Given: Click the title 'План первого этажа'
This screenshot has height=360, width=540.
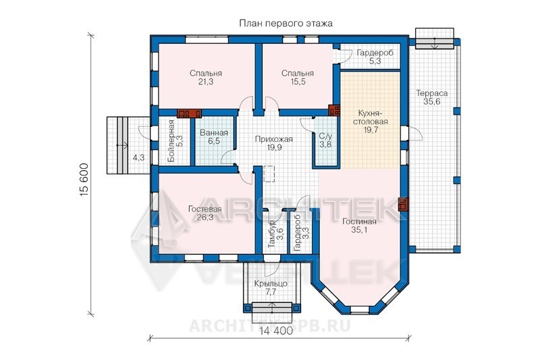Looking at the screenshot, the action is (x=286, y=24).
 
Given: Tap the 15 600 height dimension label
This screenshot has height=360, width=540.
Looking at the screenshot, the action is (x=85, y=180).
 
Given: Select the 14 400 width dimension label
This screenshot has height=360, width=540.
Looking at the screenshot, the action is (x=276, y=331).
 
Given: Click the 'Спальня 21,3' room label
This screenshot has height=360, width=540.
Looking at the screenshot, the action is (x=206, y=78).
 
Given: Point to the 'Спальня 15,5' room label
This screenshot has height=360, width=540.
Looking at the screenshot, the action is (x=298, y=78).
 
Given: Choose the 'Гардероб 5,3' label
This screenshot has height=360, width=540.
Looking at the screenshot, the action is (x=375, y=57).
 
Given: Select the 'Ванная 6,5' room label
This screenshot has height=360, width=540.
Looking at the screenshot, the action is (x=214, y=136).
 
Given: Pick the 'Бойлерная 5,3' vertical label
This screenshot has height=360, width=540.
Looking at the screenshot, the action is (x=175, y=141).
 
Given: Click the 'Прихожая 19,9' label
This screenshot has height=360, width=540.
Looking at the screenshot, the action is (x=274, y=143).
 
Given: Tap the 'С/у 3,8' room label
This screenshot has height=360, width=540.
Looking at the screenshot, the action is (x=325, y=140).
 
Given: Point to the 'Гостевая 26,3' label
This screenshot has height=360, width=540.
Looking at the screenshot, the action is (x=205, y=213).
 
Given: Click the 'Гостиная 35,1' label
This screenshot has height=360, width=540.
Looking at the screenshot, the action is (x=359, y=226).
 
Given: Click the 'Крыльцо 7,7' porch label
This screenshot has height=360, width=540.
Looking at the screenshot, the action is (x=271, y=288).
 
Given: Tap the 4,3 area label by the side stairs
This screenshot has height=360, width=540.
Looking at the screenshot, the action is (x=138, y=158).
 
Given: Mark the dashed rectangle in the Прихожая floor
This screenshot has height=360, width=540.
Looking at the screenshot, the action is (x=269, y=174).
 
